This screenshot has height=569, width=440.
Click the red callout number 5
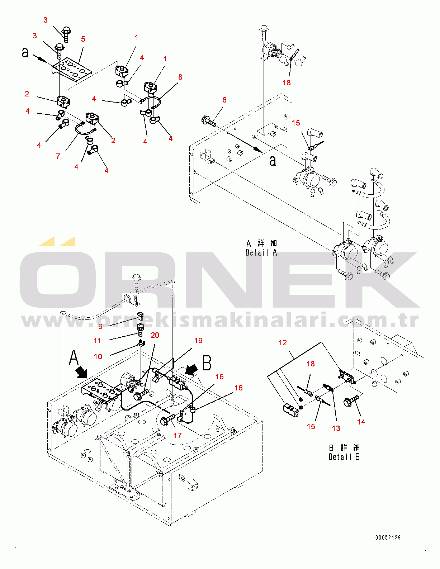(83, 39)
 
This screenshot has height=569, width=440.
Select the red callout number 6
(224, 100)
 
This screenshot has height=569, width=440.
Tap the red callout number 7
(58, 156)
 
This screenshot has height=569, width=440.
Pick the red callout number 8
(180, 77)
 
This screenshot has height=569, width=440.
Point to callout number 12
(283, 343)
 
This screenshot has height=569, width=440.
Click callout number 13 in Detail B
(336, 428)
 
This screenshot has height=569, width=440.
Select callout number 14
(361, 422)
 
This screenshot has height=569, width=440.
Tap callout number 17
(177, 436)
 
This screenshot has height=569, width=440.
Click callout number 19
(198, 340)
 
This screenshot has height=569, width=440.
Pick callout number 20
(155, 335)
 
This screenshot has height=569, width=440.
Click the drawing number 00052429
(388, 537)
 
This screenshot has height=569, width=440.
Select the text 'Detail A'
(261, 252)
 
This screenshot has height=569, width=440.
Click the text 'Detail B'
(344, 457)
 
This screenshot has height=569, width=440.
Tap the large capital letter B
(207, 363)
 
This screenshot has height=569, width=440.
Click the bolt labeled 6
(208, 121)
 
